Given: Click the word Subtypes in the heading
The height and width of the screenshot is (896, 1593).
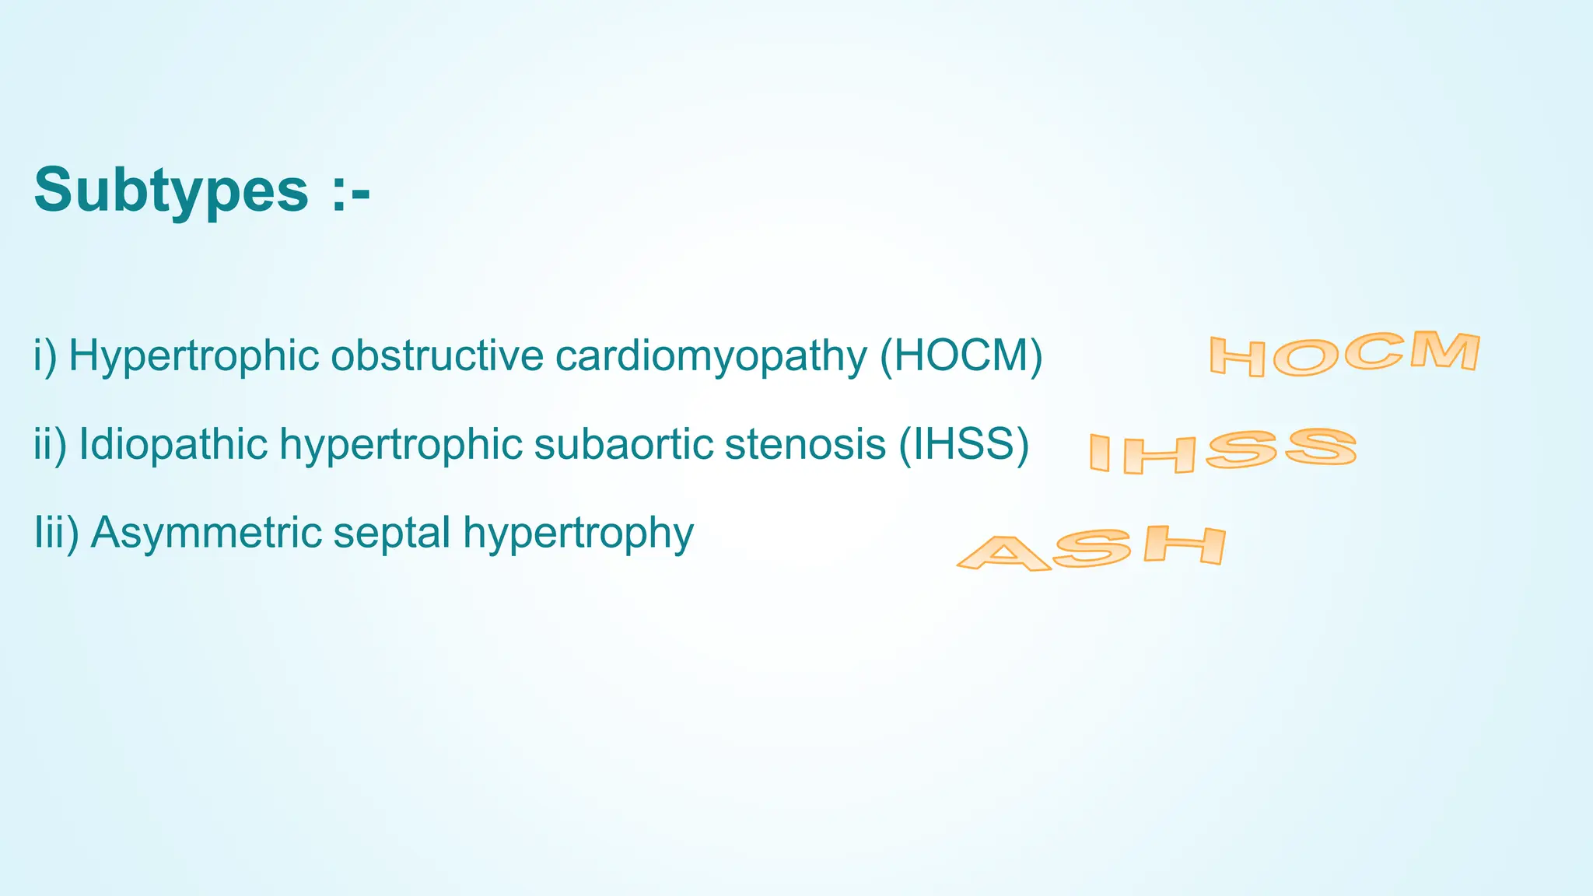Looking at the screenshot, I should (x=171, y=191).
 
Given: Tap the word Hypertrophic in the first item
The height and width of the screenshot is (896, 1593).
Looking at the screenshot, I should (x=194, y=356).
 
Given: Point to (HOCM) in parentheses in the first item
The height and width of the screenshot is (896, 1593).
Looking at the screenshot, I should (x=961, y=356).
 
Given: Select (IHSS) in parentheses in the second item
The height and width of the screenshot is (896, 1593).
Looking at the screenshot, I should (x=964, y=445).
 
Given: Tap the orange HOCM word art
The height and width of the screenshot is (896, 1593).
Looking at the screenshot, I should (x=1344, y=355).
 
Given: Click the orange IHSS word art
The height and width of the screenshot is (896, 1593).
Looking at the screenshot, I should (x=1222, y=451).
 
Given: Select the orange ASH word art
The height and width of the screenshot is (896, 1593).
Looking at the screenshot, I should (x=1091, y=549).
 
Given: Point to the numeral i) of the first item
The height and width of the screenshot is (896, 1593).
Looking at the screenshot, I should (x=46, y=356).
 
